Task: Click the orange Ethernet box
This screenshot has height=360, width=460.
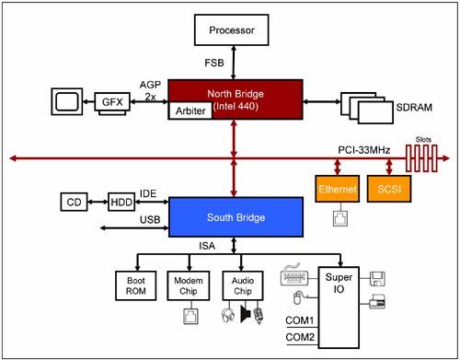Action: point(335,189)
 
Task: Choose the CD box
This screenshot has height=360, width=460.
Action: point(75,202)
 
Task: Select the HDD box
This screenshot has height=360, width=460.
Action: point(121,202)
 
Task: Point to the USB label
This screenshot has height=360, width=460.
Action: point(150,220)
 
